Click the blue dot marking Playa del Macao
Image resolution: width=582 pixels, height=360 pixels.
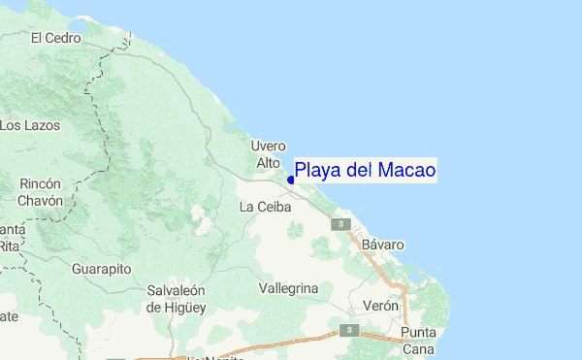[291, 180]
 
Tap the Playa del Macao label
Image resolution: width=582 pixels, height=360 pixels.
[365, 171]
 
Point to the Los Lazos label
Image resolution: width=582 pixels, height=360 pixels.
[30, 125]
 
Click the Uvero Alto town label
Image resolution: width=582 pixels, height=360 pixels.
[269, 154]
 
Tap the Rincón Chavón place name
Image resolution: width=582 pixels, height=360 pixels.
[40, 192]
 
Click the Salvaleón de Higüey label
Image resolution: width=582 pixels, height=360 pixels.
[179, 299]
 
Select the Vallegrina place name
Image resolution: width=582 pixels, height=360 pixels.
[289, 289]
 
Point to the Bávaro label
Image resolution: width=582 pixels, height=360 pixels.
[382, 245]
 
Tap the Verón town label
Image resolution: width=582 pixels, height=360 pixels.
[380, 306]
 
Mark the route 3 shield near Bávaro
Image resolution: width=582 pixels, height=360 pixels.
[339, 224]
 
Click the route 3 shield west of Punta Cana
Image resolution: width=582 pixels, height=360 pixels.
[352, 330]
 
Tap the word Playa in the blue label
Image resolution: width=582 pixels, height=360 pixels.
[317, 171]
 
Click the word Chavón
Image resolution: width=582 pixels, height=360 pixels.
[40, 201]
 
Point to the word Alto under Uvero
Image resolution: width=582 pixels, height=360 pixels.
[269, 163]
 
